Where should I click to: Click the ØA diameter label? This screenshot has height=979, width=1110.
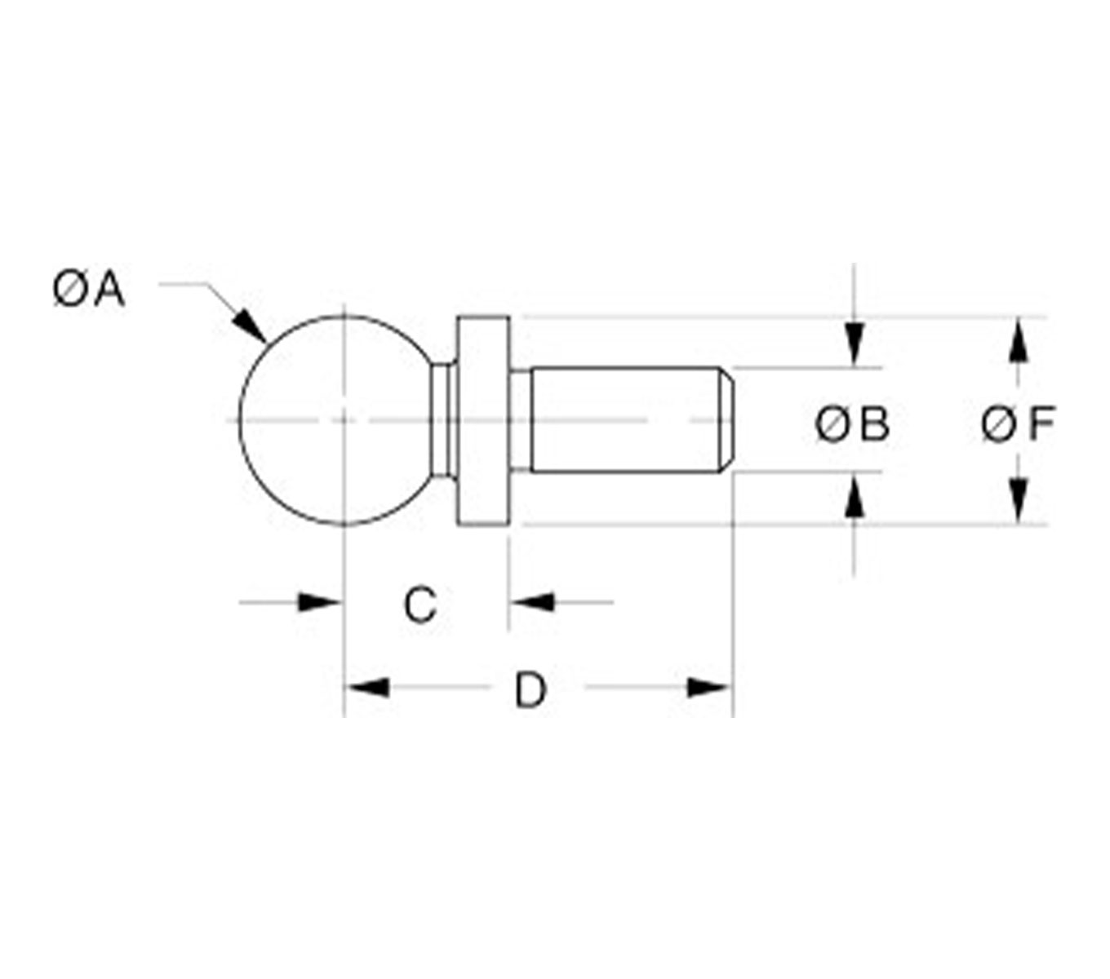[x=89, y=290]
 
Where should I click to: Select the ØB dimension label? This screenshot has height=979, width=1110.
[x=852, y=425]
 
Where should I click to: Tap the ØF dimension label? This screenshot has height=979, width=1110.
[x=1018, y=425]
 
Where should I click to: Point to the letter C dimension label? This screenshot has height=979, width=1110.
[x=420, y=605]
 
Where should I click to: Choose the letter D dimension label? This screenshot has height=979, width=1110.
[x=530, y=691]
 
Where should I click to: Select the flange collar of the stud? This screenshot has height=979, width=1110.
[x=483, y=420]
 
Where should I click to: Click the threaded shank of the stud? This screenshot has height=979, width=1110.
[x=624, y=420]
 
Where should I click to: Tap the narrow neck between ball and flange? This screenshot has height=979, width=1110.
[x=443, y=420]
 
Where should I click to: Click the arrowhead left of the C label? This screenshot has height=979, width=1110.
[x=319, y=603]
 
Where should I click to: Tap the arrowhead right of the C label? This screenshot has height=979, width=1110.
[x=533, y=603]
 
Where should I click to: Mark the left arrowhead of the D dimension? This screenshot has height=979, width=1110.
[x=367, y=688]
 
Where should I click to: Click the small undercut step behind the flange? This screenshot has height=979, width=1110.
[x=521, y=420]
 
